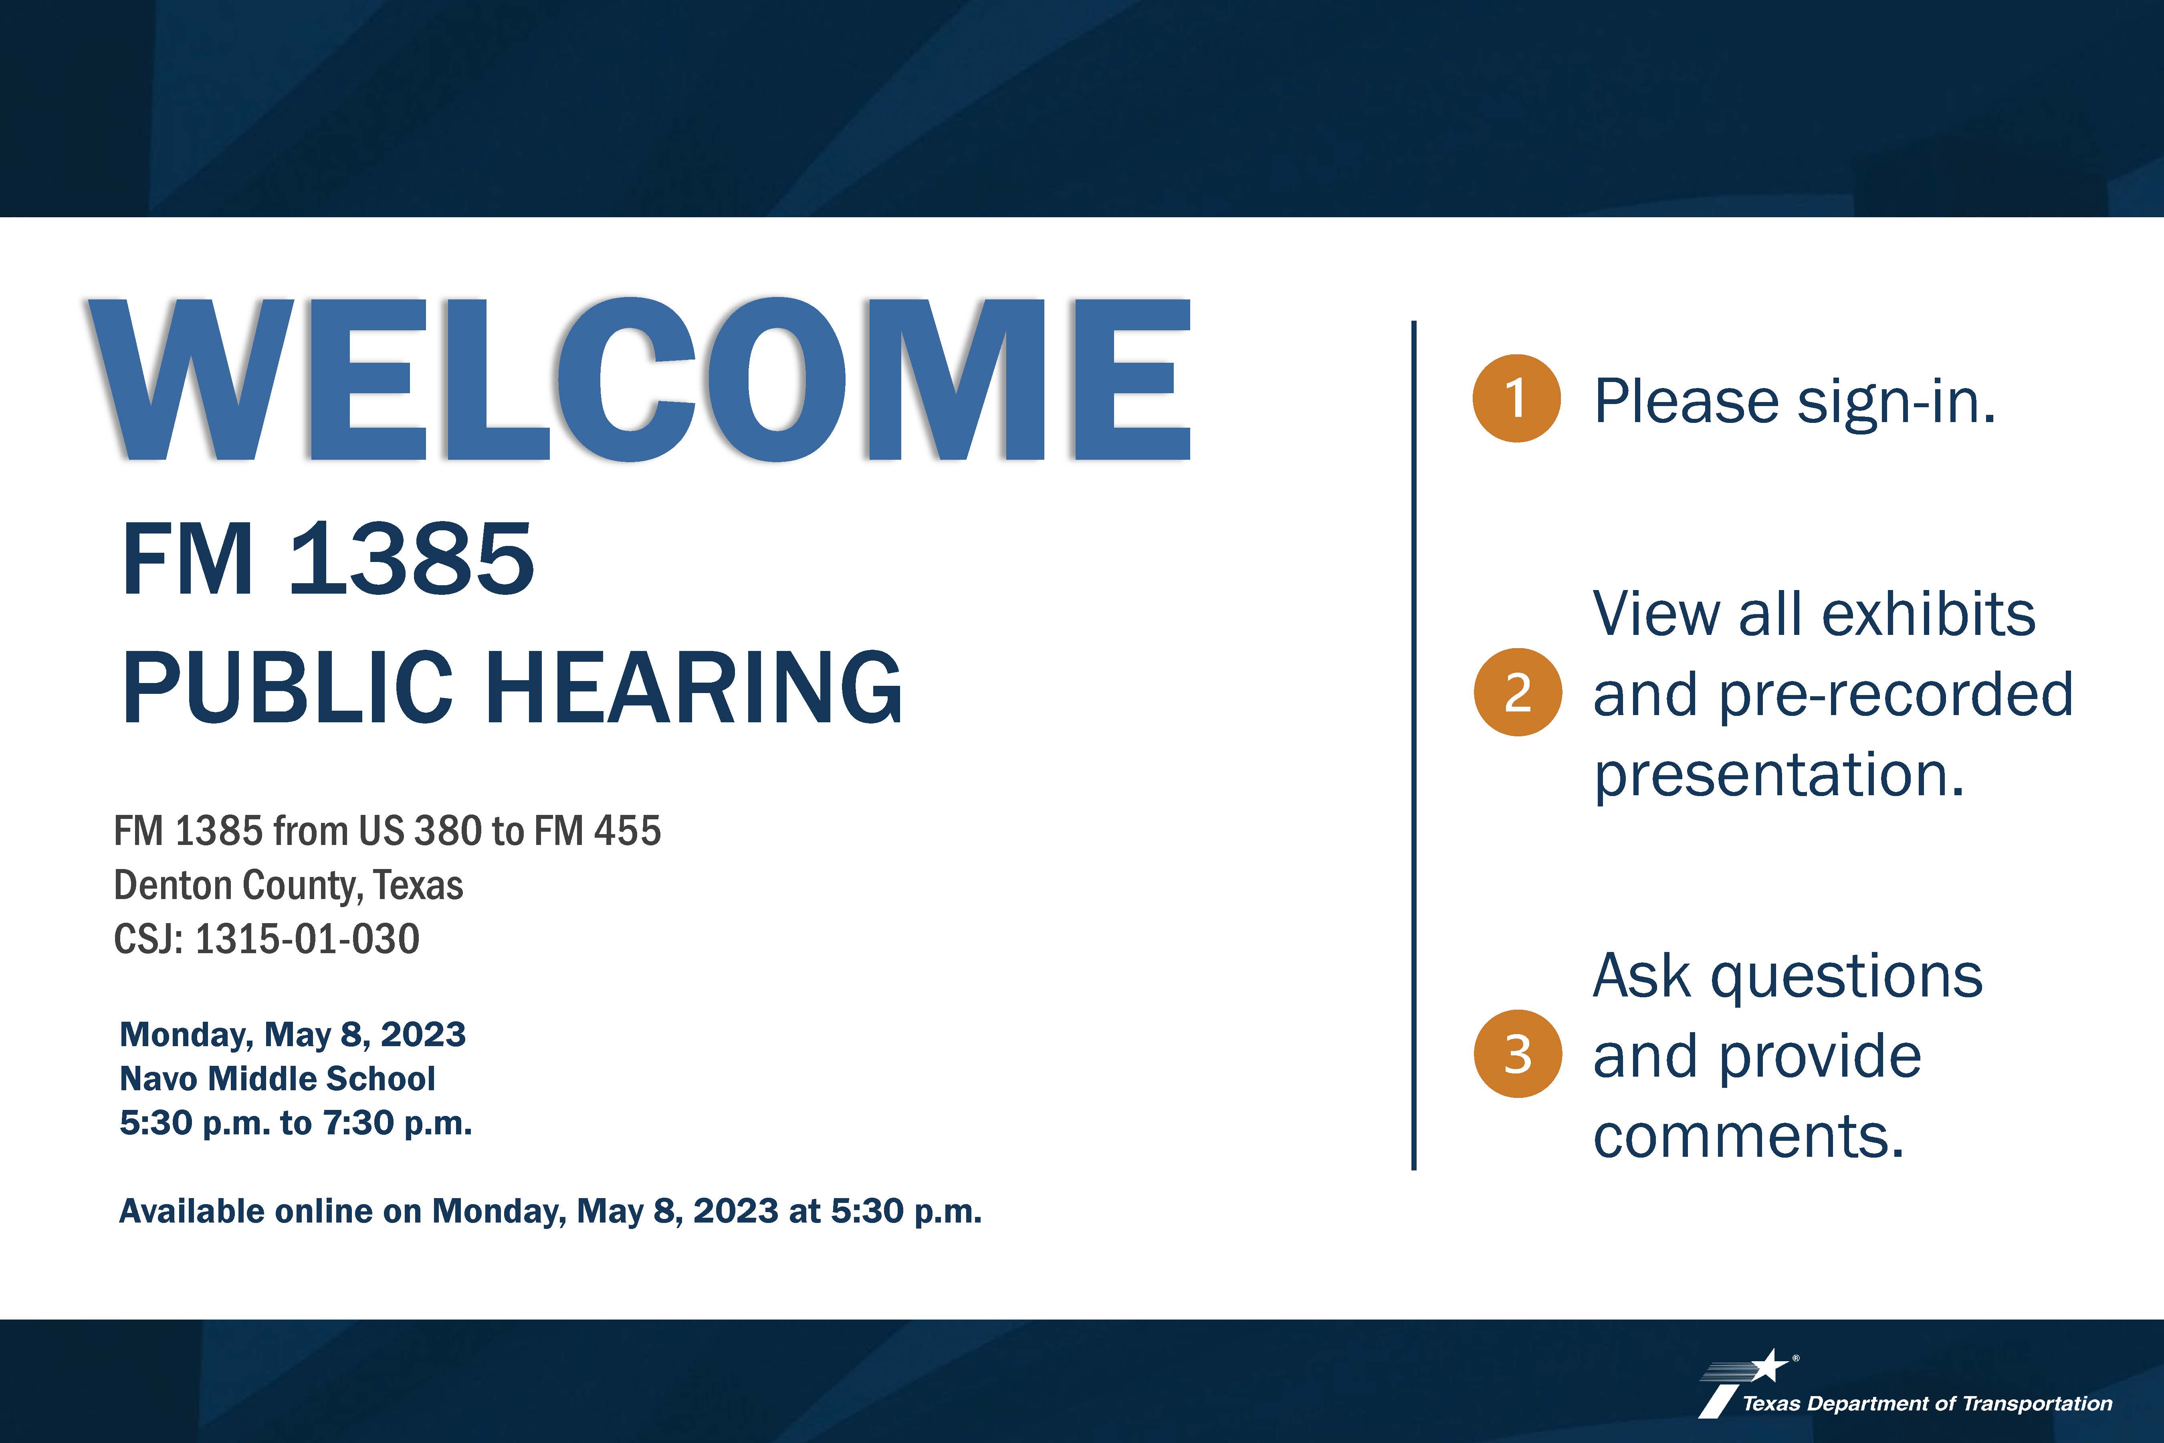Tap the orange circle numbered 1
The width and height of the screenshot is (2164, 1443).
tap(1516, 398)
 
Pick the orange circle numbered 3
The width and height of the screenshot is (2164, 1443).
tap(1517, 1054)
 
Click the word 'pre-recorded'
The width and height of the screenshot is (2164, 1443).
tap(1896, 696)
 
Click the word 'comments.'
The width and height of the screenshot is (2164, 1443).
tap(1748, 1136)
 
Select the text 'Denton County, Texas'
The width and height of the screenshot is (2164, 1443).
tap(288, 885)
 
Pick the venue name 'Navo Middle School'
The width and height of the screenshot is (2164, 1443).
tap(277, 1079)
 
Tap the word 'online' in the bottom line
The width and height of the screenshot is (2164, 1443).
tap(323, 1211)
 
